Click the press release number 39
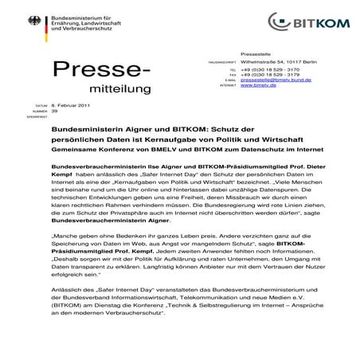click(x=55, y=131)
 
